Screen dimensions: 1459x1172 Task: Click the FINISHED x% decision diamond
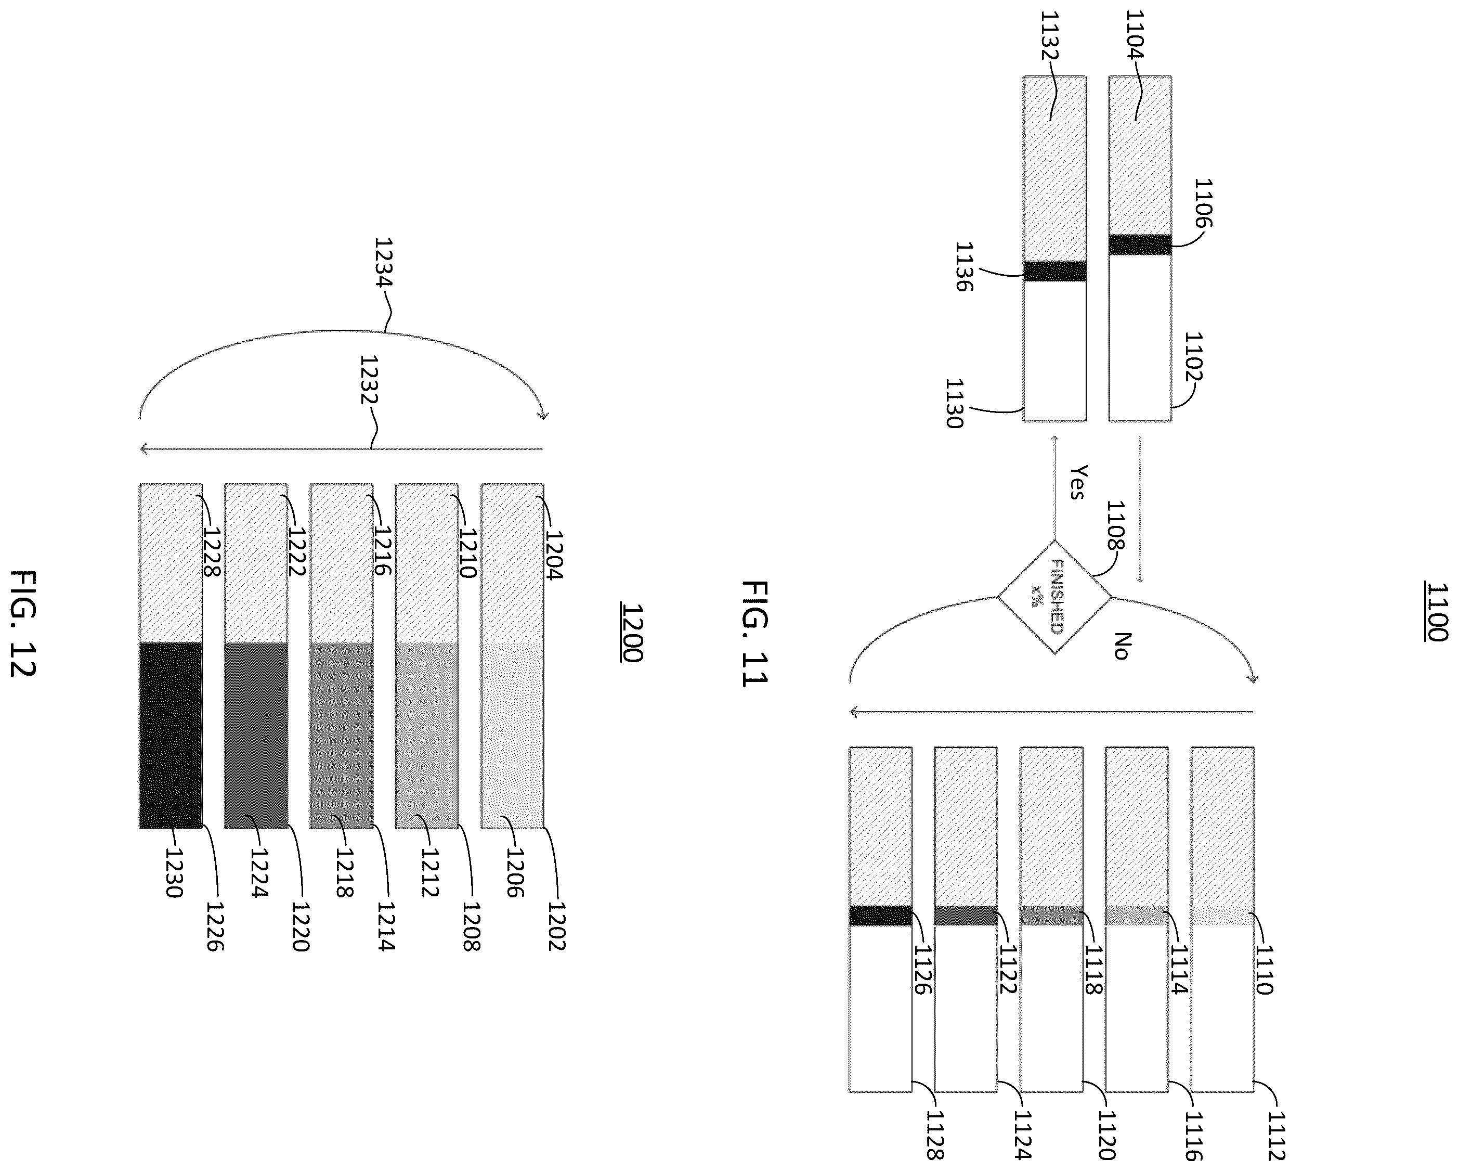[1054, 597]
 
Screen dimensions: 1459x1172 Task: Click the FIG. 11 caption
[754, 633]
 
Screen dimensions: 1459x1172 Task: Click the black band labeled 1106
[1140, 244]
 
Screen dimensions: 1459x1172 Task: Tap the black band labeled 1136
[1054, 271]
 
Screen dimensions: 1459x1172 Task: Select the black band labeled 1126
[880, 916]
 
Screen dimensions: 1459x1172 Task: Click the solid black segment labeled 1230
[171, 735]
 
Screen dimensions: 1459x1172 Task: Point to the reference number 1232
[369, 380]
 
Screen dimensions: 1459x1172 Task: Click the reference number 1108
[1115, 525]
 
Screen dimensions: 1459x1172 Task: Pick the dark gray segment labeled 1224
[256, 735]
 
